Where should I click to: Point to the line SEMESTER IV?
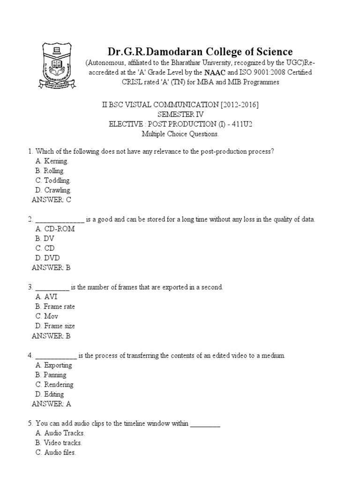click(x=180, y=114)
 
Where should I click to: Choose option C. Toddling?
click(x=53, y=180)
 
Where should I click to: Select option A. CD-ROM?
click(x=55, y=229)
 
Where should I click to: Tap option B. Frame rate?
click(x=55, y=307)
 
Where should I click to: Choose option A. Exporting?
click(x=53, y=365)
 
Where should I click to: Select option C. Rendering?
click(x=54, y=384)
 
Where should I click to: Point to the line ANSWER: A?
click(x=52, y=404)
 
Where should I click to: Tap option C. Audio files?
click(x=55, y=452)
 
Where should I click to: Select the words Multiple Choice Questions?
click(x=180, y=134)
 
